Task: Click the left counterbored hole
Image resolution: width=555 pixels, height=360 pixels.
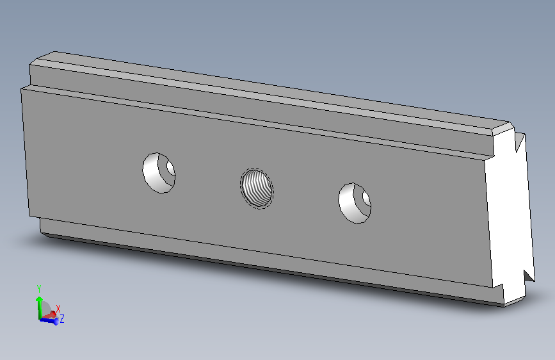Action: (159, 173)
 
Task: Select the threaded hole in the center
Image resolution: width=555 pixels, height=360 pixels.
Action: (257, 188)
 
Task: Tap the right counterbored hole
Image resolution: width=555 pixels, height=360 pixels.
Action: (355, 203)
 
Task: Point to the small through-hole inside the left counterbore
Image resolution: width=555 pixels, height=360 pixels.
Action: (171, 169)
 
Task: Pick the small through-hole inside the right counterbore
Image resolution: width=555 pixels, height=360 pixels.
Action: (366, 199)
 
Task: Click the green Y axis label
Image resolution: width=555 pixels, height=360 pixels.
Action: (39, 289)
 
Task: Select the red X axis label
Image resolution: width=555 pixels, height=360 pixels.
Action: (58, 309)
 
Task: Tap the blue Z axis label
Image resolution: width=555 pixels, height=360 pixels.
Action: (62, 318)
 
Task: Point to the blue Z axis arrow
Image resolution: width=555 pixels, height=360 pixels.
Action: (49, 320)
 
